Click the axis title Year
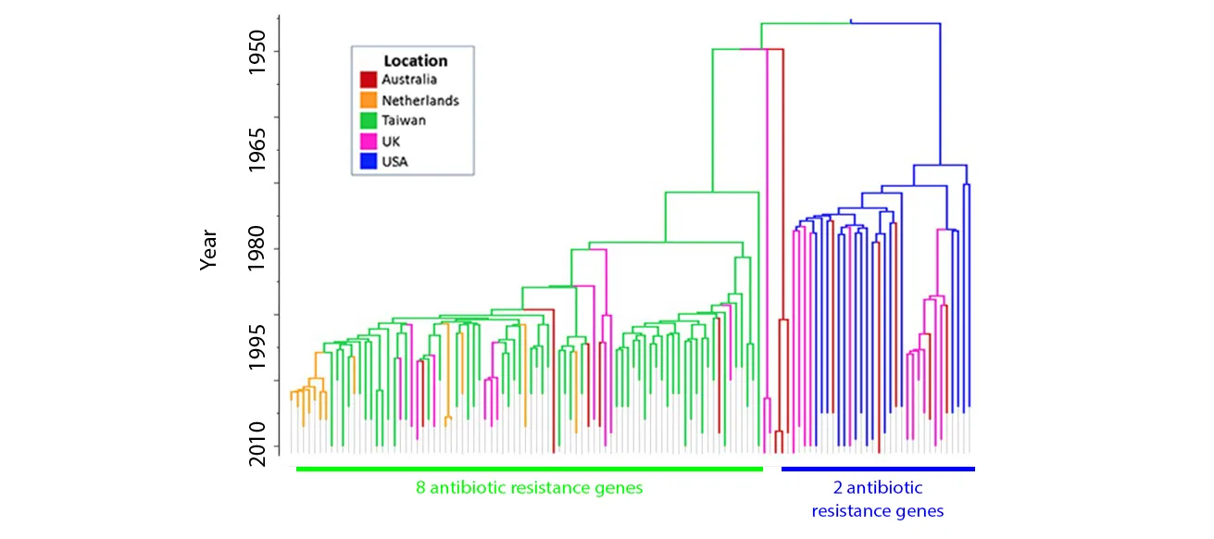[x=209, y=249]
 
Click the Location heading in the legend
[x=415, y=61]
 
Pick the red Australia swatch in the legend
[x=369, y=81]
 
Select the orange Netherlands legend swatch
[x=369, y=100]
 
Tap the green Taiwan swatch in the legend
[x=369, y=120]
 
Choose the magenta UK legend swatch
[x=369, y=141]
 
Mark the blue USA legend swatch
[x=369, y=161]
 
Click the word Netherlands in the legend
[x=419, y=100]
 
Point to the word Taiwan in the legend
[x=404, y=120]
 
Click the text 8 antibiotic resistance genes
[x=529, y=488]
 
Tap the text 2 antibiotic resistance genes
[x=878, y=499]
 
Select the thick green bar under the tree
[x=529, y=469]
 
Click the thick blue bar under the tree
[x=878, y=469]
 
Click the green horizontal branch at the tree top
[x=805, y=23]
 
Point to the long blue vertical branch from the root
[x=940, y=93]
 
